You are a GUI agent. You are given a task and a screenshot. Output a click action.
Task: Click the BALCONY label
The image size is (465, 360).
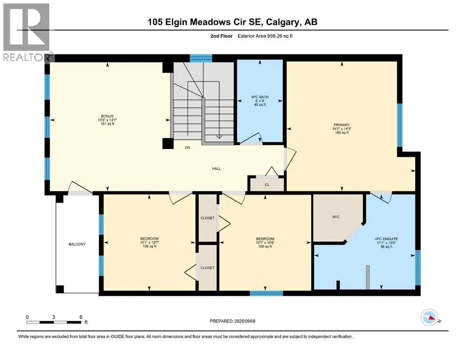(77, 244)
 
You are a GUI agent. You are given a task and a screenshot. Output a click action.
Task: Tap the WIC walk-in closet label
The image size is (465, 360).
(336, 217)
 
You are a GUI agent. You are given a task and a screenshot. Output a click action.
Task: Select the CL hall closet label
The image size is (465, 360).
(267, 185)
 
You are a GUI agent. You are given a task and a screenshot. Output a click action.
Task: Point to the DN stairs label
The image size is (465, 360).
(187, 148)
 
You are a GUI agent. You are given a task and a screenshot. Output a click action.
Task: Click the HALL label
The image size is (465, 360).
(216, 169)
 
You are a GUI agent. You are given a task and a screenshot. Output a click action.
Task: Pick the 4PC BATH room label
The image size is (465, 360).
(260, 97)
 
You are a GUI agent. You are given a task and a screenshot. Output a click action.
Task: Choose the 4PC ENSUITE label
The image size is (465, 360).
(386, 239)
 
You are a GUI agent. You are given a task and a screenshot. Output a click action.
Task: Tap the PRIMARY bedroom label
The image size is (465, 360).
(342, 125)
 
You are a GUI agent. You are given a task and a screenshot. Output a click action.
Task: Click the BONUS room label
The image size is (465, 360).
(107, 116)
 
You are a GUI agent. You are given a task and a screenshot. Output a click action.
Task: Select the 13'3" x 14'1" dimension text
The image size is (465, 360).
(107, 120)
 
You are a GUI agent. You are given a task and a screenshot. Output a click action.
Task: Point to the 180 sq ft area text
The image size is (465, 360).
(342, 133)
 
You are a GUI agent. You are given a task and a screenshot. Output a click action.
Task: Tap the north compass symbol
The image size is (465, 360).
(429, 317)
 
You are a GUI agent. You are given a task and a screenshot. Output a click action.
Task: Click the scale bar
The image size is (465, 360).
(54, 322)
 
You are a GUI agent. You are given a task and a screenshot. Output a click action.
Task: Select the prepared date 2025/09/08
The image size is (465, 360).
(244, 321)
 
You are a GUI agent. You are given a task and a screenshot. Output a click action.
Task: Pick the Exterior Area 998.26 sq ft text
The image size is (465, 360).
(265, 36)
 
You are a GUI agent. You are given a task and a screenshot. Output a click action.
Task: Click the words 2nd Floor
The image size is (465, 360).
(221, 36)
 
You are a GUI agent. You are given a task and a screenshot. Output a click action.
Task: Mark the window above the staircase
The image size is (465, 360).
(201, 58)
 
